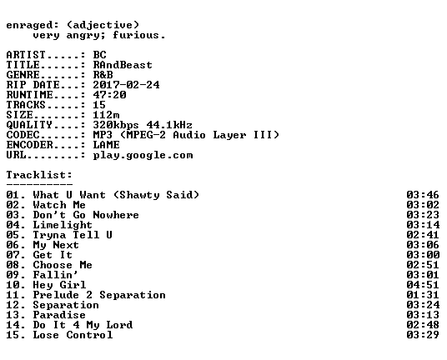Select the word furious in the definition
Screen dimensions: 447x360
(135, 35)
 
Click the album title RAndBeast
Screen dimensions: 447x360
(123, 65)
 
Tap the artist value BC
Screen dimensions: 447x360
(100, 55)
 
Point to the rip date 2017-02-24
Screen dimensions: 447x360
(126, 85)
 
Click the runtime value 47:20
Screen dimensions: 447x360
(110, 95)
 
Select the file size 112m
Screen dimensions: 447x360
(107, 115)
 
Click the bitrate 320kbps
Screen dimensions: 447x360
(116, 125)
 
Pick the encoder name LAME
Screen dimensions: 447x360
(107, 145)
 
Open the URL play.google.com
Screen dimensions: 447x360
(143, 156)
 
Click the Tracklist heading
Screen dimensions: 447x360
(39, 175)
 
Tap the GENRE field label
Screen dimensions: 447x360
(23, 75)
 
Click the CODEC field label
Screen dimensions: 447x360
(23, 135)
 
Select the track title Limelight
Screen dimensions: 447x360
(63, 225)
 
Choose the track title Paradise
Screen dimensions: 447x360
(59, 315)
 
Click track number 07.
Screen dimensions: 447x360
(13, 255)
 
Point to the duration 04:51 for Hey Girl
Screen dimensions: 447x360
(423, 285)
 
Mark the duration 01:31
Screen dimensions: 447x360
(423, 295)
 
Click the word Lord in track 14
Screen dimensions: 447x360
(120, 325)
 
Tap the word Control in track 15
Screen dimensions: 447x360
(89, 335)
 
